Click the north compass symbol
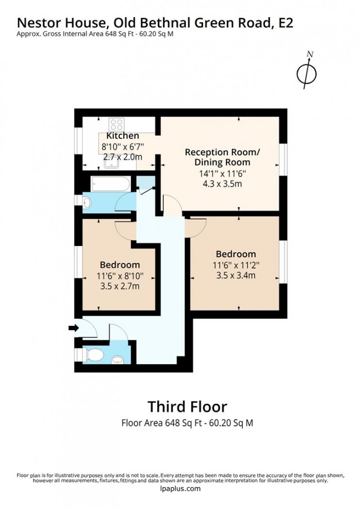pyautogui.click(x=306, y=72)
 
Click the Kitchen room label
pyautogui.click(x=123, y=136)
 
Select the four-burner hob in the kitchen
pyautogui.click(x=116, y=124)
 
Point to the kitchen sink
pyautogui.click(x=112, y=162)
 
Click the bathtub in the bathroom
pyautogui.click(x=110, y=184)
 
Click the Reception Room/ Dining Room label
pyautogui.click(x=222, y=157)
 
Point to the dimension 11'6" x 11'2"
pyautogui.click(x=236, y=265)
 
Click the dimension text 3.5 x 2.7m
pyautogui.click(x=120, y=286)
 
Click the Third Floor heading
pyautogui.click(x=187, y=406)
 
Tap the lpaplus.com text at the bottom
pyautogui.click(x=180, y=489)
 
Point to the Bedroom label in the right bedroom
pyautogui.click(x=236, y=254)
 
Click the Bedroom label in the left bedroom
pyautogui.click(x=120, y=265)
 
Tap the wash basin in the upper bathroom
pyautogui.click(x=87, y=202)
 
